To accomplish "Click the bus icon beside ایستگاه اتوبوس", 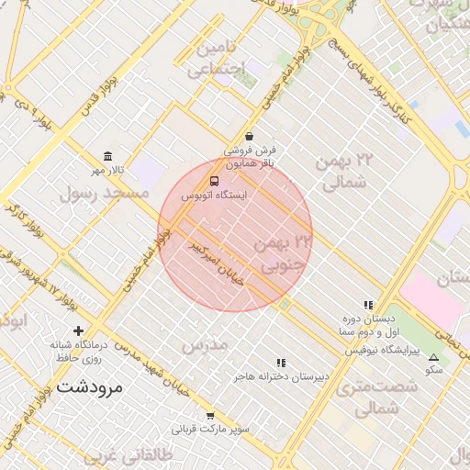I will (214, 182).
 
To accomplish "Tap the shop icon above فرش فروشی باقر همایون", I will (250, 136).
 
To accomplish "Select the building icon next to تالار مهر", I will (109, 155).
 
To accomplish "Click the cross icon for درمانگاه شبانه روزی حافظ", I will (78, 330).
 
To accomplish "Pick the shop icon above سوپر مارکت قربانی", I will (210, 415).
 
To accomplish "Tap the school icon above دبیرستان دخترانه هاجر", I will (281, 363).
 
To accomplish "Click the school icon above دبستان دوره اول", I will (368, 305).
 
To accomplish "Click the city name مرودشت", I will (89, 386).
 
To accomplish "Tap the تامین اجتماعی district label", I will (218, 58).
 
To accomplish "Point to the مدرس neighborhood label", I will (204, 346).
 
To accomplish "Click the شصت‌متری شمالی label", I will (377, 398).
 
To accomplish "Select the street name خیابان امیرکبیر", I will (215, 263).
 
